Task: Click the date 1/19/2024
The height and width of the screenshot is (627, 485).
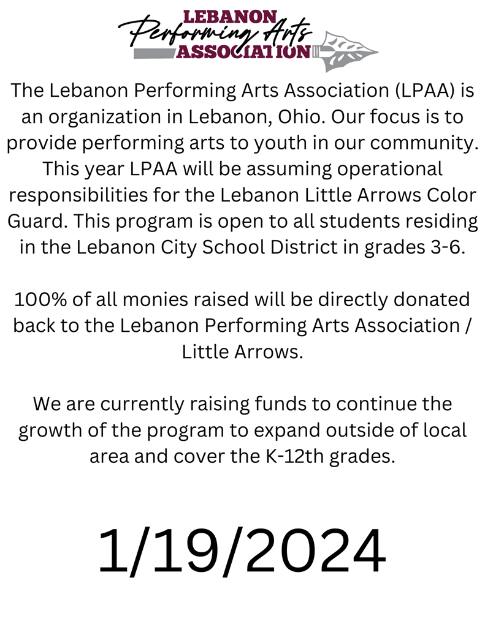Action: (x=242, y=550)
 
